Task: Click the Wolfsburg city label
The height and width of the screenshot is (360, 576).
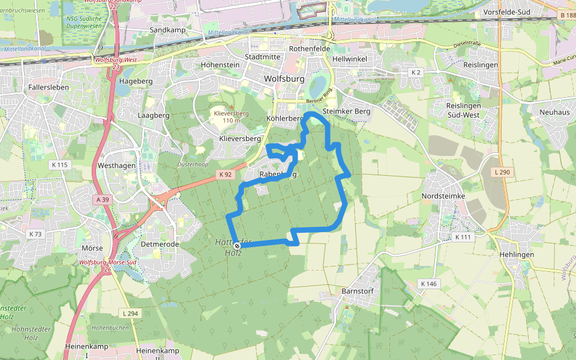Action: pos(284,79)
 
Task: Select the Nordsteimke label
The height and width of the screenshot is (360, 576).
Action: pos(443,196)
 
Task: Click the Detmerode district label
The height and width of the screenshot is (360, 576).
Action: pos(160,245)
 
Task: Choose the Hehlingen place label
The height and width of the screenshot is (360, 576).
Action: pos(516,254)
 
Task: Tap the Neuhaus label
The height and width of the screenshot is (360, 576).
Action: pos(554,112)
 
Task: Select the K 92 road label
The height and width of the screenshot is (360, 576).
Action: pos(225,174)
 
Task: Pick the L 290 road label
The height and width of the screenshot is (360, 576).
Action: pos(503,172)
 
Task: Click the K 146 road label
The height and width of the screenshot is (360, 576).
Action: pos(428,283)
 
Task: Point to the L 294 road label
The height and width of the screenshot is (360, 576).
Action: pos(130,313)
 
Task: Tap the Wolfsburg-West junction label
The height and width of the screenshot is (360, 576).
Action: pos(115,61)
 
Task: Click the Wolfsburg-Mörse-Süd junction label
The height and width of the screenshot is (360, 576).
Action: pos(108,263)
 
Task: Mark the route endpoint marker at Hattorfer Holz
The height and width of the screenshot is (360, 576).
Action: pos(238,245)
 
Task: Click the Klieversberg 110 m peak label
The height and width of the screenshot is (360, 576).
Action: pos(231,116)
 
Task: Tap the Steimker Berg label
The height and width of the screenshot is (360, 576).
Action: pos(346,112)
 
